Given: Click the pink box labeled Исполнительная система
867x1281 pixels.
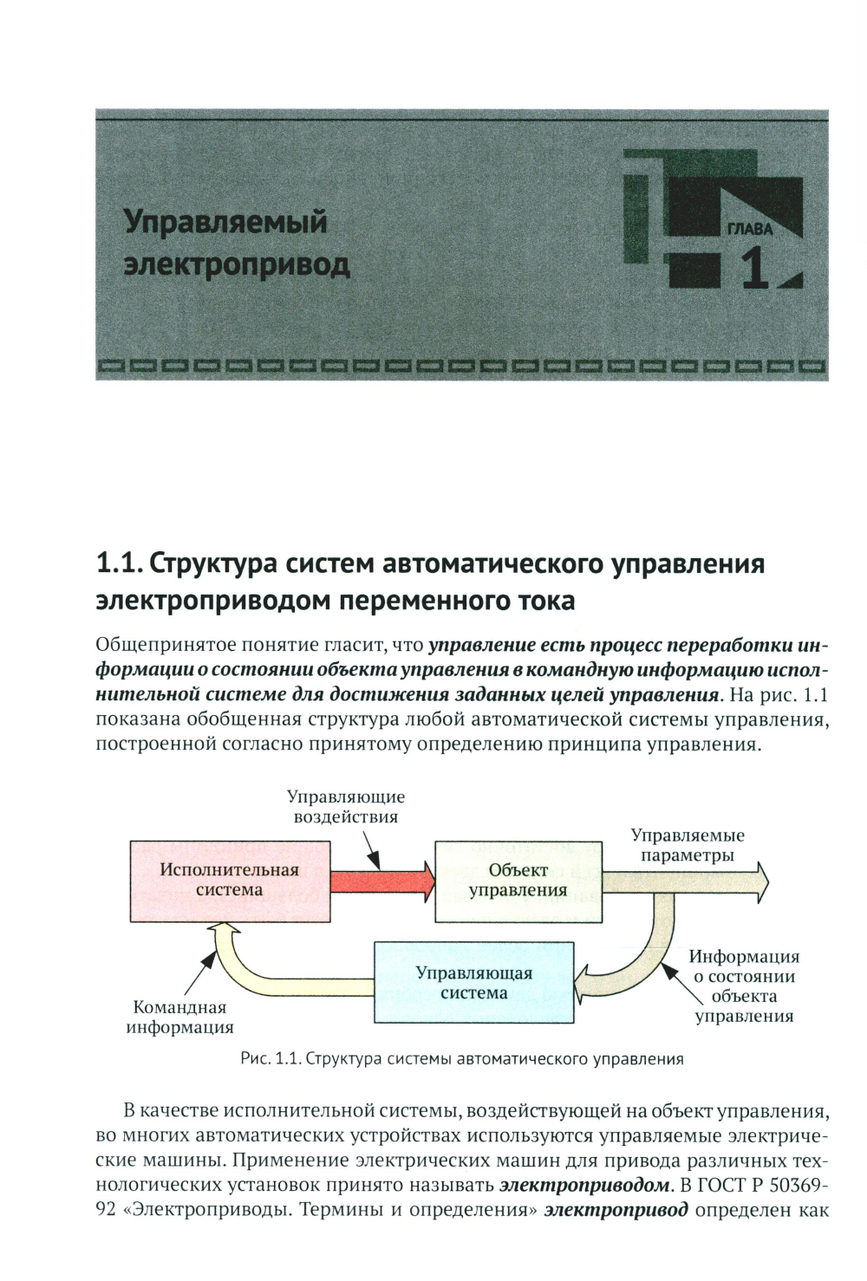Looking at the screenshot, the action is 230,881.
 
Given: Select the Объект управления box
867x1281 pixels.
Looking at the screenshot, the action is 518,881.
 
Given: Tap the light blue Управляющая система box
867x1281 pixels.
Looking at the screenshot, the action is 474,983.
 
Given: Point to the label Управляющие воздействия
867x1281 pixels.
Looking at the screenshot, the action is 346,806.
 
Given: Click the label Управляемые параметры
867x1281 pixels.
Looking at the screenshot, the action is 688,845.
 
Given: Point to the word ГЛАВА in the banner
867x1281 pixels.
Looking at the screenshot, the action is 750,230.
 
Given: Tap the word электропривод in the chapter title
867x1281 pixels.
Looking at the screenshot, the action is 237,265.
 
